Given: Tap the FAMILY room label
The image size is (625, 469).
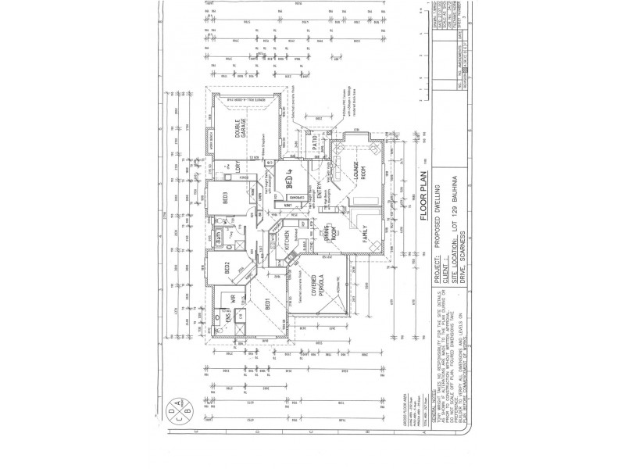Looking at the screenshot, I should tap(363, 236).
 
